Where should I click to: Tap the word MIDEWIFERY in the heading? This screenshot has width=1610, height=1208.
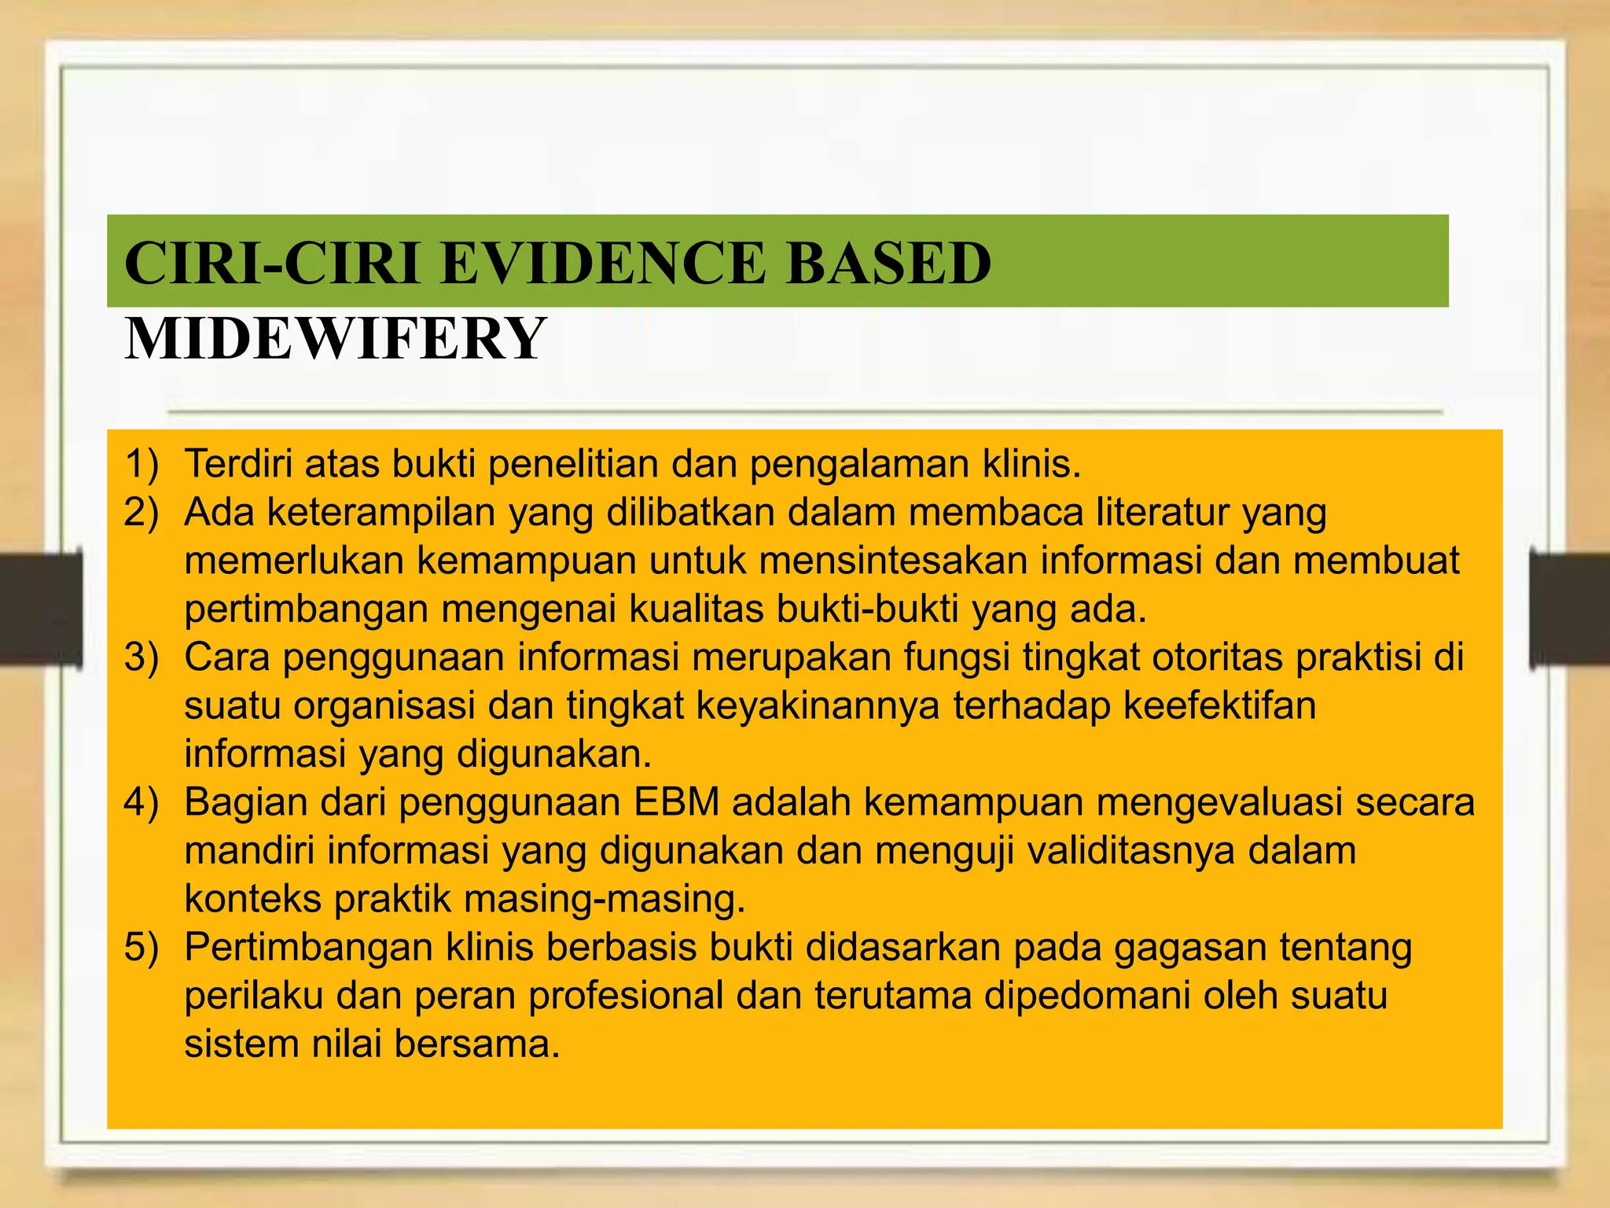335,339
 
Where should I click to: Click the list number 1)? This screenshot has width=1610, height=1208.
142,464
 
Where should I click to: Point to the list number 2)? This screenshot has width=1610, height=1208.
142,512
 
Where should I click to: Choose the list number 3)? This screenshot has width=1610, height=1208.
142,657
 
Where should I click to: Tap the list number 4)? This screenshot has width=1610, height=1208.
142,802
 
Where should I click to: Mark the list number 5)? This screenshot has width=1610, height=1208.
142,947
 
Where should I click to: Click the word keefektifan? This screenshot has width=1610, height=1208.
1219,705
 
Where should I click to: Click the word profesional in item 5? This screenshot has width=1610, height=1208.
625,996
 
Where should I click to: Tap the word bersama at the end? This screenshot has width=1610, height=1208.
476,1044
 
